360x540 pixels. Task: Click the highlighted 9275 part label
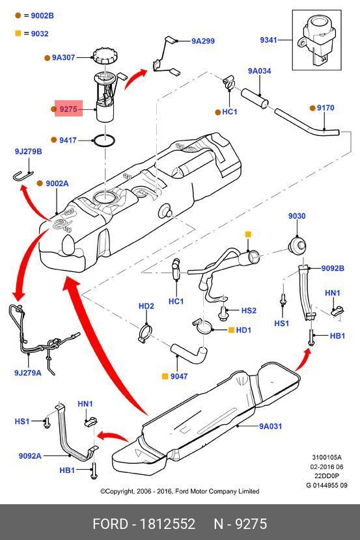[x=68, y=109]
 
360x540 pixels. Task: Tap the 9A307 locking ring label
[x=63, y=57]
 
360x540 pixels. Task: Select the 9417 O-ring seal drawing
[x=104, y=141]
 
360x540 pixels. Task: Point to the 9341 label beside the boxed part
[x=268, y=40]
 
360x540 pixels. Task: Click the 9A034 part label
[x=259, y=71]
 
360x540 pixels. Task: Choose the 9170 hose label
[x=325, y=108]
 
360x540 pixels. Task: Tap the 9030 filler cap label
[x=297, y=216]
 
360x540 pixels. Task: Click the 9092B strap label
[x=333, y=268]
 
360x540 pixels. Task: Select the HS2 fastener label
[x=249, y=310]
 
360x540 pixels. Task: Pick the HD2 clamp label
[x=146, y=306]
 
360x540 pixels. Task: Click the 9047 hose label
[x=179, y=377]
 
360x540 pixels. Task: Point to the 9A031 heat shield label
[x=270, y=426]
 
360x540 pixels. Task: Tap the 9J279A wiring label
[x=27, y=373]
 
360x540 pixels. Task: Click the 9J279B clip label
[x=28, y=152]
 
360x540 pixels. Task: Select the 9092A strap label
[x=30, y=456]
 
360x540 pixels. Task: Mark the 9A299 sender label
[x=203, y=41]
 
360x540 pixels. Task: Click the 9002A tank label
[x=57, y=183]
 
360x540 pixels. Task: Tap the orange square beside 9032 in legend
[x=18, y=33]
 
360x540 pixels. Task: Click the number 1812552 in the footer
[x=167, y=524]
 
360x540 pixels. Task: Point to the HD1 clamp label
[x=243, y=331]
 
